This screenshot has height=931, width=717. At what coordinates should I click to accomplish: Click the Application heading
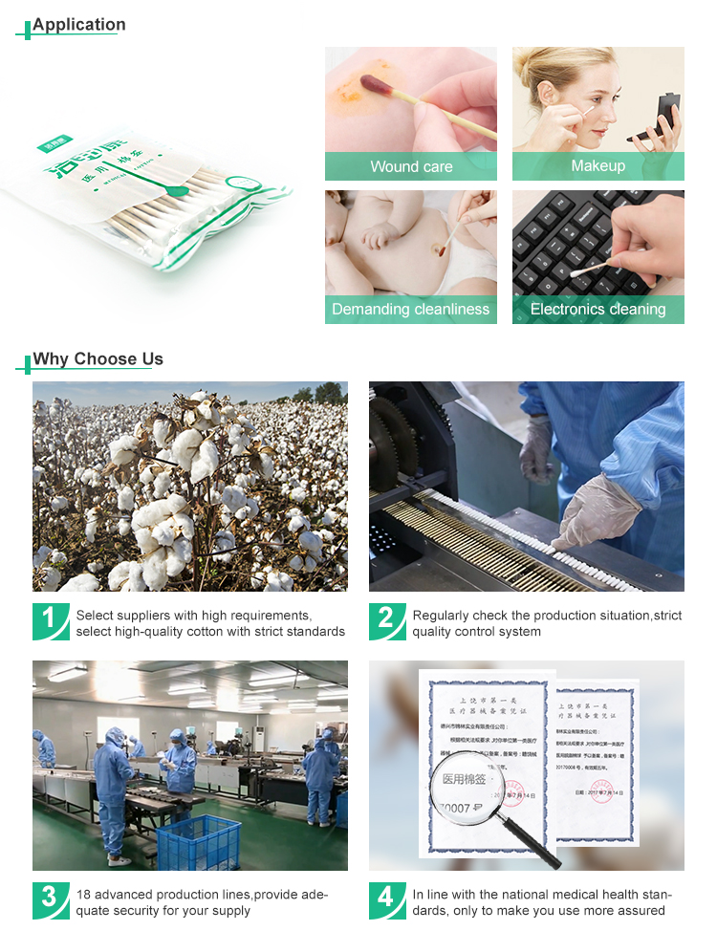tap(78, 25)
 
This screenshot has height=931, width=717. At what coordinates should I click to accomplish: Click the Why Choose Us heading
tap(98, 359)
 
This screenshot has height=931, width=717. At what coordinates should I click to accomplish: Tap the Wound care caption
tap(411, 166)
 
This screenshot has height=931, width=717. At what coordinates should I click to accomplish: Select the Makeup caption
tap(597, 166)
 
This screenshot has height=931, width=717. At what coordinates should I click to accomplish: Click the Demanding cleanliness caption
tap(410, 310)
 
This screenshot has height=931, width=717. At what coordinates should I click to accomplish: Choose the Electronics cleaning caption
tap(597, 310)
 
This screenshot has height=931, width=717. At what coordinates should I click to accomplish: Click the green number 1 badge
tap(50, 619)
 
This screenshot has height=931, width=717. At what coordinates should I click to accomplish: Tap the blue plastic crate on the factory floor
tap(199, 840)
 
